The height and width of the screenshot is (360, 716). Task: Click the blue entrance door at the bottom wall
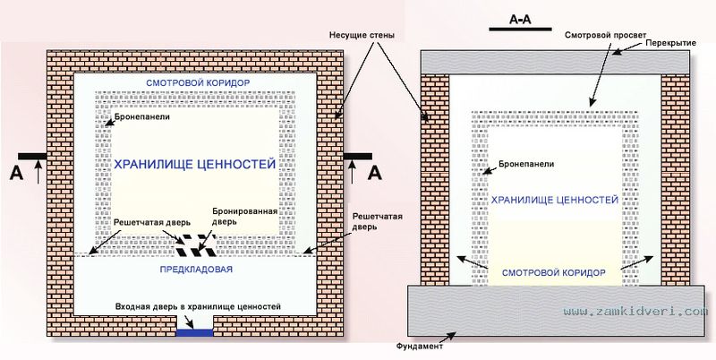click(x=194, y=333)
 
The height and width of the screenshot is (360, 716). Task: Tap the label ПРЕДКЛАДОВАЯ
click(x=196, y=270)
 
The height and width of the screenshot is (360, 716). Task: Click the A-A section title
click(x=520, y=20)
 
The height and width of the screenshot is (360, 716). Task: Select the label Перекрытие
click(x=671, y=43)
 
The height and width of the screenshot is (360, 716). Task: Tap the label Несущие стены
click(x=362, y=35)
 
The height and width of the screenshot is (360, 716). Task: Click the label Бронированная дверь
click(x=232, y=217)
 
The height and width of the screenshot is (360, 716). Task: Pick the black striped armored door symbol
click(x=196, y=245)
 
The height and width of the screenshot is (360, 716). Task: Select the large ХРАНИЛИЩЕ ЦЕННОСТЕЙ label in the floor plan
click(x=194, y=164)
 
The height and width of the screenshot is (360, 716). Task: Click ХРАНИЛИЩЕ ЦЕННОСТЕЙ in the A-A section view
click(x=554, y=200)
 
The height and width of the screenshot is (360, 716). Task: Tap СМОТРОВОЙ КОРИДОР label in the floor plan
click(x=198, y=83)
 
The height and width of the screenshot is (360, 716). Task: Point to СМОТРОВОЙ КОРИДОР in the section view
click(x=554, y=273)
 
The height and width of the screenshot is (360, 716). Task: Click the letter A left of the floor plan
click(x=17, y=174)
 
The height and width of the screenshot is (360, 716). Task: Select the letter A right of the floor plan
click(x=374, y=173)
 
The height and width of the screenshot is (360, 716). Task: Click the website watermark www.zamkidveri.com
click(x=635, y=312)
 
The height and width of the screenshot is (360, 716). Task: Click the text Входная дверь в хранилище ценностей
click(x=198, y=306)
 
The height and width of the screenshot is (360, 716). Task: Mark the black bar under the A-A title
click(x=520, y=29)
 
